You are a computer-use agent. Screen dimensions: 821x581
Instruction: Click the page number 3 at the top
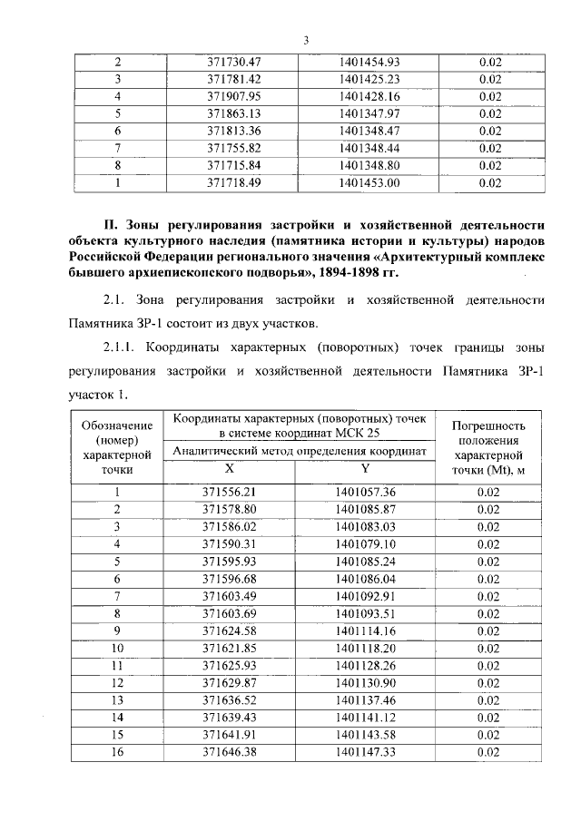point(305,40)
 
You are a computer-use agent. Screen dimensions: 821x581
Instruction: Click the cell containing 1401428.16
point(368,96)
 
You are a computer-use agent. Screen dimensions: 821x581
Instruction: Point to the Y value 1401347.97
point(368,113)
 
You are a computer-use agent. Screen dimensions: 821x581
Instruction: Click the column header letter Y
point(365,469)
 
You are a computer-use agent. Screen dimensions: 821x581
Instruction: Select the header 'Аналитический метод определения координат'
point(299,451)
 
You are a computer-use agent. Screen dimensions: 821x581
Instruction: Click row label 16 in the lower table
point(117,752)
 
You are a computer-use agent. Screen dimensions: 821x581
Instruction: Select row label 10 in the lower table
point(117,648)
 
